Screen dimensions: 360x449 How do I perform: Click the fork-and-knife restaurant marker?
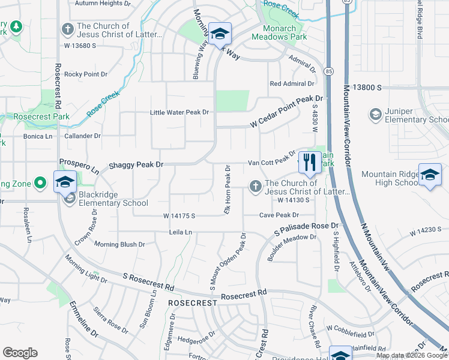309,161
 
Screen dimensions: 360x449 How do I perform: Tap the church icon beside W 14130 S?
256,187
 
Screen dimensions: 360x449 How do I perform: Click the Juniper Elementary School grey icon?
375,114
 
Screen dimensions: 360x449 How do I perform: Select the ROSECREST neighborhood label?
192,303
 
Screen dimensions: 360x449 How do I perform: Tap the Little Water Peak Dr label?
179,112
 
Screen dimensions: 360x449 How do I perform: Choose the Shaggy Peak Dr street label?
136,164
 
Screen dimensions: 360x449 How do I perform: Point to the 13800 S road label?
367,88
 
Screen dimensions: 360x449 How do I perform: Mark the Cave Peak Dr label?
279,215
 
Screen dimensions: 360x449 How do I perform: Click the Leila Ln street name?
180,232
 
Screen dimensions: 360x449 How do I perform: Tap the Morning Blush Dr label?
119,244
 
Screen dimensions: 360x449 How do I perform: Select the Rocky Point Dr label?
86,74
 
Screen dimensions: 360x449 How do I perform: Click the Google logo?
20,353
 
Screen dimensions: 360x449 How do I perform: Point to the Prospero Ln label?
79,167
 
